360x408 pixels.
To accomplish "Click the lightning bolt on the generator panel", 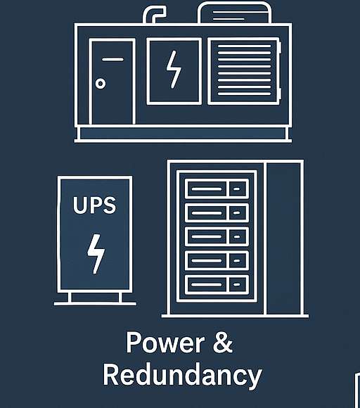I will [173, 71].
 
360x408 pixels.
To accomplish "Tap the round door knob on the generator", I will [101, 84].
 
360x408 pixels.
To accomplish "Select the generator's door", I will [112, 82].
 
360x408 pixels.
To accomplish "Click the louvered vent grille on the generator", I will [243, 71].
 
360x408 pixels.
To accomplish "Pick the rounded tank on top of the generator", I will [235, 13].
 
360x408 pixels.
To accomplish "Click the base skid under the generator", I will [183, 134].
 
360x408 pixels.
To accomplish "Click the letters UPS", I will [94, 207].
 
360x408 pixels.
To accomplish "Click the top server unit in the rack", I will [217, 188].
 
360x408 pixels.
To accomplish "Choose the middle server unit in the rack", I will [217, 236].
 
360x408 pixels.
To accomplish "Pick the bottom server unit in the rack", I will [217, 283].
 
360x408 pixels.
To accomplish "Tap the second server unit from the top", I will [217, 212].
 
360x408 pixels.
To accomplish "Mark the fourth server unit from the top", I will [217, 260].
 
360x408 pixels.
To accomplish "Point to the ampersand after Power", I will [221, 343].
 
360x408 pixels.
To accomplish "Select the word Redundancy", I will [181, 375].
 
